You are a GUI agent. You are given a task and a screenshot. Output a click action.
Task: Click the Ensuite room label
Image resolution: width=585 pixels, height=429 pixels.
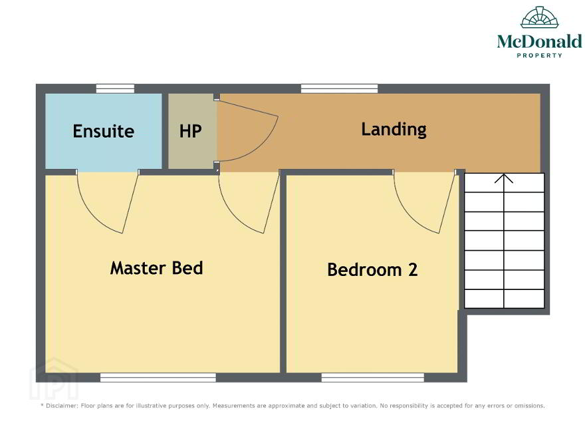103,131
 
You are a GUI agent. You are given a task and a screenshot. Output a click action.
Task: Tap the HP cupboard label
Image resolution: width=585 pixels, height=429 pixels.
190,131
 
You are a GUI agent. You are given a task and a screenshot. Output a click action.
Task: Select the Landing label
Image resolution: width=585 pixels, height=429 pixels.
394,130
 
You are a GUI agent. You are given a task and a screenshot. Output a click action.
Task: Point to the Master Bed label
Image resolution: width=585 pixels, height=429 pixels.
157,268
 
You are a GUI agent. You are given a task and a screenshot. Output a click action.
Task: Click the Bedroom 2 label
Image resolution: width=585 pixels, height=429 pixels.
372,269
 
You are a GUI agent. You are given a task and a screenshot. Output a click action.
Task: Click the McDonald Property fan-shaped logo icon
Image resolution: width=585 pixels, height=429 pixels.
540,17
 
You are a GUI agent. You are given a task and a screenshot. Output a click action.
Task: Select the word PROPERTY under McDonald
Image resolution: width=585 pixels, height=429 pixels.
540,55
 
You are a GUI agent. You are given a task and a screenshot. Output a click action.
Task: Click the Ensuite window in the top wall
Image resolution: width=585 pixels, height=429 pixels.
115,88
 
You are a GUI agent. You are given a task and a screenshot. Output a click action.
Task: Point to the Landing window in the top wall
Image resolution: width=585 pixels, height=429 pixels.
339,88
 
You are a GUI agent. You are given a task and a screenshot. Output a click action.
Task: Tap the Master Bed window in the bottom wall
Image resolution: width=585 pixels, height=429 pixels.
158,378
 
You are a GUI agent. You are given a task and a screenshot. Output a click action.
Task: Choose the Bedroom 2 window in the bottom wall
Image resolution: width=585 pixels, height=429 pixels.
373,378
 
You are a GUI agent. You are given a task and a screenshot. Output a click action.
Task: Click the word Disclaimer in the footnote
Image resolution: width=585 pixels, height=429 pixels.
62,406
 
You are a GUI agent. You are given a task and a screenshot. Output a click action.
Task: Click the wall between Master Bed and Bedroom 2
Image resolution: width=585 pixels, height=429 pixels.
283,273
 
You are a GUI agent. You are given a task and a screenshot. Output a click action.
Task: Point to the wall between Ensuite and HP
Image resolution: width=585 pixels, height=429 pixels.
165,131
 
